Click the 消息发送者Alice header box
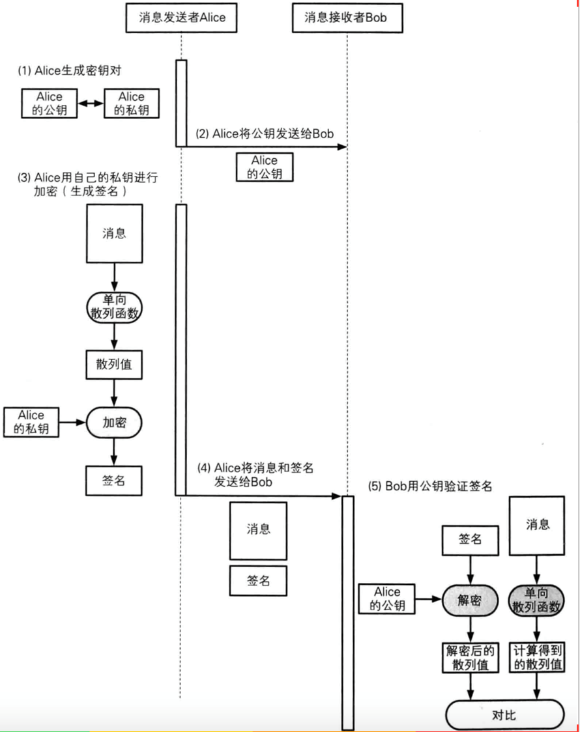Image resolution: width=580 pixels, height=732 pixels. [181, 17]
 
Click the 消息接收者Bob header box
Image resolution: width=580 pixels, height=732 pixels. [346, 17]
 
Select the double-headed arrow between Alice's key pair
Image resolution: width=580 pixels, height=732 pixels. [91, 104]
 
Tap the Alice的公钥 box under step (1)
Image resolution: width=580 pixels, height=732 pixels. [49, 104]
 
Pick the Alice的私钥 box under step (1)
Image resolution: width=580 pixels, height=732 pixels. [132, 104]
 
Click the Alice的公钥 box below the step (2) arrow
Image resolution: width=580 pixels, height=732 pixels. [265, 167]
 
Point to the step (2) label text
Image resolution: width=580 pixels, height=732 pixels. [265, 134]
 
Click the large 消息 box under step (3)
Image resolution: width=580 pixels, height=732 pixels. [114, 233]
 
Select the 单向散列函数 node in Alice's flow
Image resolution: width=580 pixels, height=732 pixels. [114, 305]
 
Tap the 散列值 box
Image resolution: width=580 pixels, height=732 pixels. [114, 364]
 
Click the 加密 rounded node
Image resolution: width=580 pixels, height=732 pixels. [114, 423]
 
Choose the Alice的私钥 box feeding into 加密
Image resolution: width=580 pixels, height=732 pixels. [31, 422]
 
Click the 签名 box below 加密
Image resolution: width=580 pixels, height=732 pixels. [114, 481]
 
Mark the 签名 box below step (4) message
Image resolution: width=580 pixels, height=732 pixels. [258, 580]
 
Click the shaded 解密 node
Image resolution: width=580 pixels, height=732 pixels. [470, 600]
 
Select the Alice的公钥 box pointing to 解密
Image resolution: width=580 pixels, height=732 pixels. [387, 599]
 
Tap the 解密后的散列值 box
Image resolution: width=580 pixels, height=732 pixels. [470, 658]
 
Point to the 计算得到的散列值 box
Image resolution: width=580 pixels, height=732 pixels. [538, 658]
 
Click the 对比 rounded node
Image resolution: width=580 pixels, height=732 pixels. [504, 714]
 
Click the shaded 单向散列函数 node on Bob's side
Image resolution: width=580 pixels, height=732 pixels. [538, 600]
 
